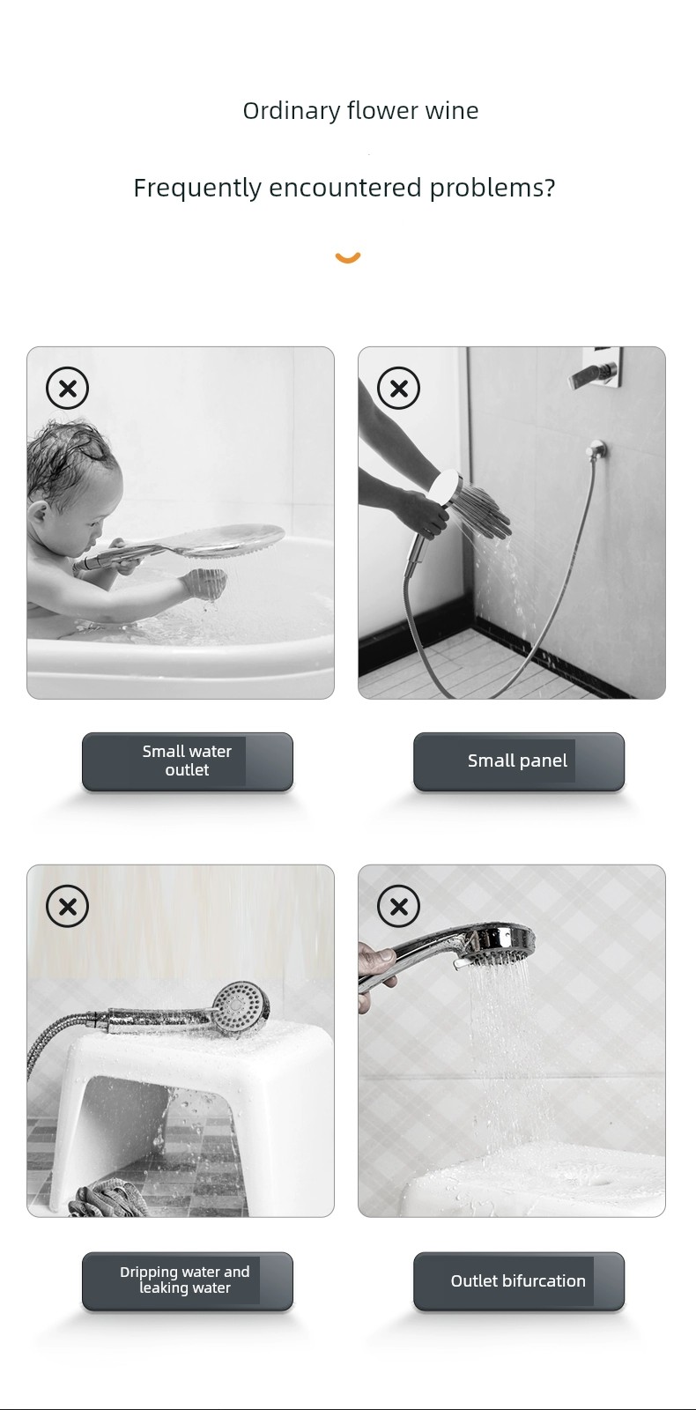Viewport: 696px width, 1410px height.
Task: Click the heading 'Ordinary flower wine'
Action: [x=360, y=111]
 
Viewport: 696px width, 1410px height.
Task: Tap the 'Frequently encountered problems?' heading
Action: [x=344, y=188]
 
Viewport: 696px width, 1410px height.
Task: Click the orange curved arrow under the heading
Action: [x=348, y=256]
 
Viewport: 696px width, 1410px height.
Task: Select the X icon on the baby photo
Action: [x=67, y=388]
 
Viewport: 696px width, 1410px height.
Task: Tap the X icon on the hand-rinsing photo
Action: [x=398, y=388]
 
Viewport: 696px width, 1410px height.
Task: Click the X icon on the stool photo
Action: [x=67, y=907]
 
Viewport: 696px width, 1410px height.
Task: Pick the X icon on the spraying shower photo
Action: [x=398, y=907]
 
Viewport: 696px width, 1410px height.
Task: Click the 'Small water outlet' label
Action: [x=187, y=761]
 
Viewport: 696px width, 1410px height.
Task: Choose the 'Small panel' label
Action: [x=517, y=761]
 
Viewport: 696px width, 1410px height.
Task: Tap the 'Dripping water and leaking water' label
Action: [x=184, y=1280]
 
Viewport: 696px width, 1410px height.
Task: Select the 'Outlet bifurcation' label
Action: [x=518, y=1280]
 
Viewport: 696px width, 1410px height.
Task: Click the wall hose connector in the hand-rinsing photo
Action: [x=596, y=449]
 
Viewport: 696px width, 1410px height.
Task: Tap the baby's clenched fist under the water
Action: [x=204, y=583]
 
